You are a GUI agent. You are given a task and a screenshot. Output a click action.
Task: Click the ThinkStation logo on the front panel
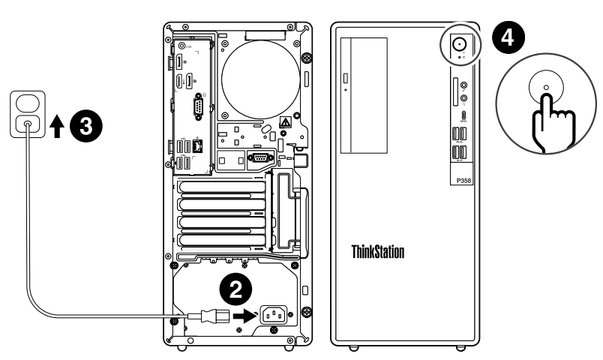[x=378, y=250]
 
